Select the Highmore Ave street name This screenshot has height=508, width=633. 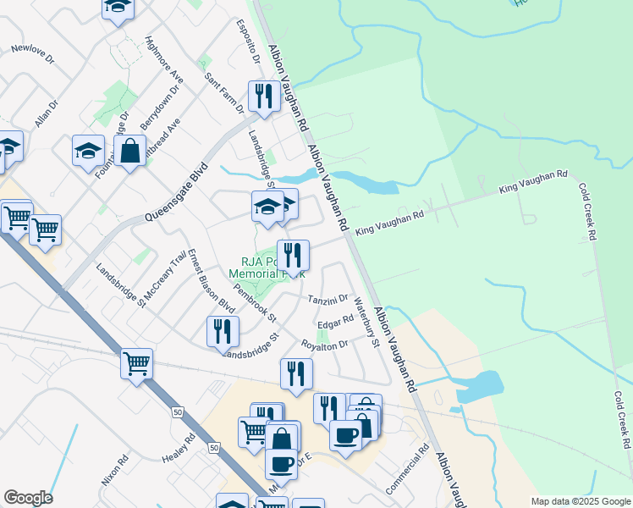pos(164,59)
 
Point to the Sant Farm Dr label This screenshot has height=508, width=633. pos(224,92)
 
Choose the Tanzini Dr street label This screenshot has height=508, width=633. pos(328,300)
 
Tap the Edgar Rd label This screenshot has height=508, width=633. pos(335,323)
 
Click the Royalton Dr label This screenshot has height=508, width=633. pos(325,345)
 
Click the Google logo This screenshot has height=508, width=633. pos(28,498)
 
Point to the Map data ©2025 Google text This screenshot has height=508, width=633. pos(580,501)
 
